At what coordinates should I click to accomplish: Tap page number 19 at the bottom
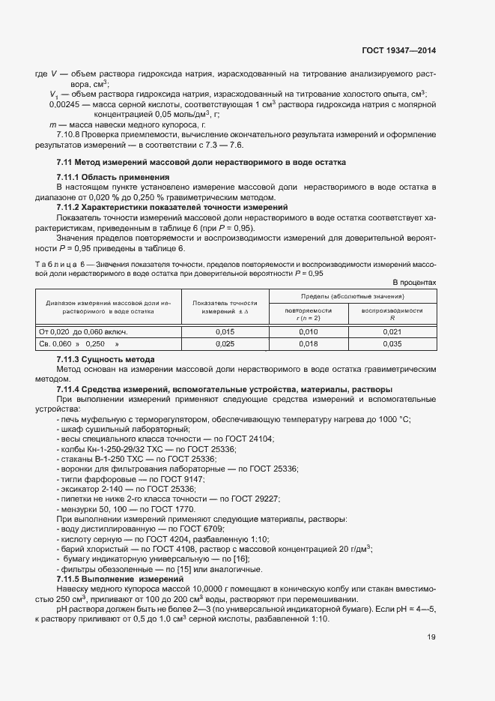[431, 637]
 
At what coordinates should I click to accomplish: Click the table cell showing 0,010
[309, 331]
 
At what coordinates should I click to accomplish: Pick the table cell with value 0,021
[392, 331]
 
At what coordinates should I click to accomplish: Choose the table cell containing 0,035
[392, 343]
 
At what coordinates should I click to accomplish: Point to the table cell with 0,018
[309, 343]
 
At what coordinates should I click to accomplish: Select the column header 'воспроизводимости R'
[392, 314]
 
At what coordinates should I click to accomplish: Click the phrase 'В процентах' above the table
[414, 283]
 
